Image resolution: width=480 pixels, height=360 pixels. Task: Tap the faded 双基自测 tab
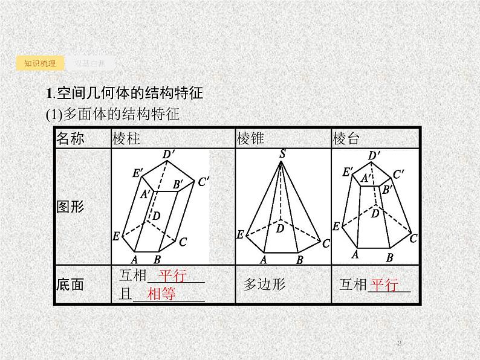point(90,63)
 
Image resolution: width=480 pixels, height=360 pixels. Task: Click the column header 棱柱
point(126,139)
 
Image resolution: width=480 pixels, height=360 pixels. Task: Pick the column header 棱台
point(346,139)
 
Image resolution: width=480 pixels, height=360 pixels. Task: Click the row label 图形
point(70,207)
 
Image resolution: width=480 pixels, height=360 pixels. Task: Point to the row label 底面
point(70,284)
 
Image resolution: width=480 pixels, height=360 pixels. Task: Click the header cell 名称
point(70,139)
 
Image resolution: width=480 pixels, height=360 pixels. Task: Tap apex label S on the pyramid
point(282,155)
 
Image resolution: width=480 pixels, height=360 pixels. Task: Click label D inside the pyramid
point(280,228)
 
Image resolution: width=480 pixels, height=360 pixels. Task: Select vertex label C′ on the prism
point(203,181)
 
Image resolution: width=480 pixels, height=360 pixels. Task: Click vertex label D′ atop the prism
point(169,155)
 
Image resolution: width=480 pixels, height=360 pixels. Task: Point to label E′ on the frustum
point(348,172)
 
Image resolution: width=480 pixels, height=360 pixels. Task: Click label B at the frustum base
point(389,257)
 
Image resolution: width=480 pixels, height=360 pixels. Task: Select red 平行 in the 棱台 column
point(384,284)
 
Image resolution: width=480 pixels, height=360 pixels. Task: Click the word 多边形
point(264,284)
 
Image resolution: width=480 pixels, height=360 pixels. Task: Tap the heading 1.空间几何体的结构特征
point(123,94)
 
